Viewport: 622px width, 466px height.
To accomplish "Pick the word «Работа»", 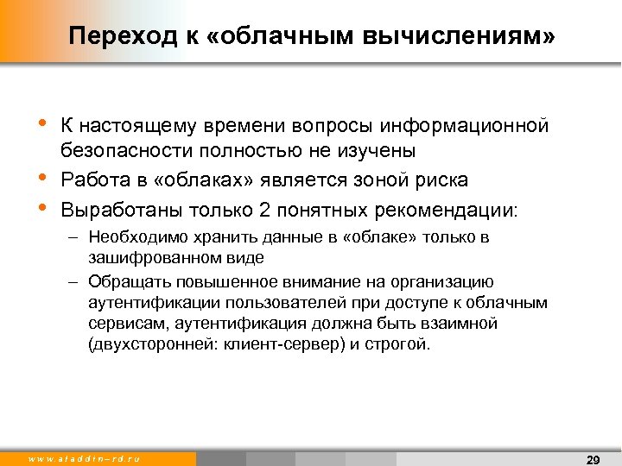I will [x=92, y=180].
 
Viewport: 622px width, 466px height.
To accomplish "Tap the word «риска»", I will [x=441, y=180].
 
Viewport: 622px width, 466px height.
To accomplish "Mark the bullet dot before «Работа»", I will [x=44, y=179].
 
